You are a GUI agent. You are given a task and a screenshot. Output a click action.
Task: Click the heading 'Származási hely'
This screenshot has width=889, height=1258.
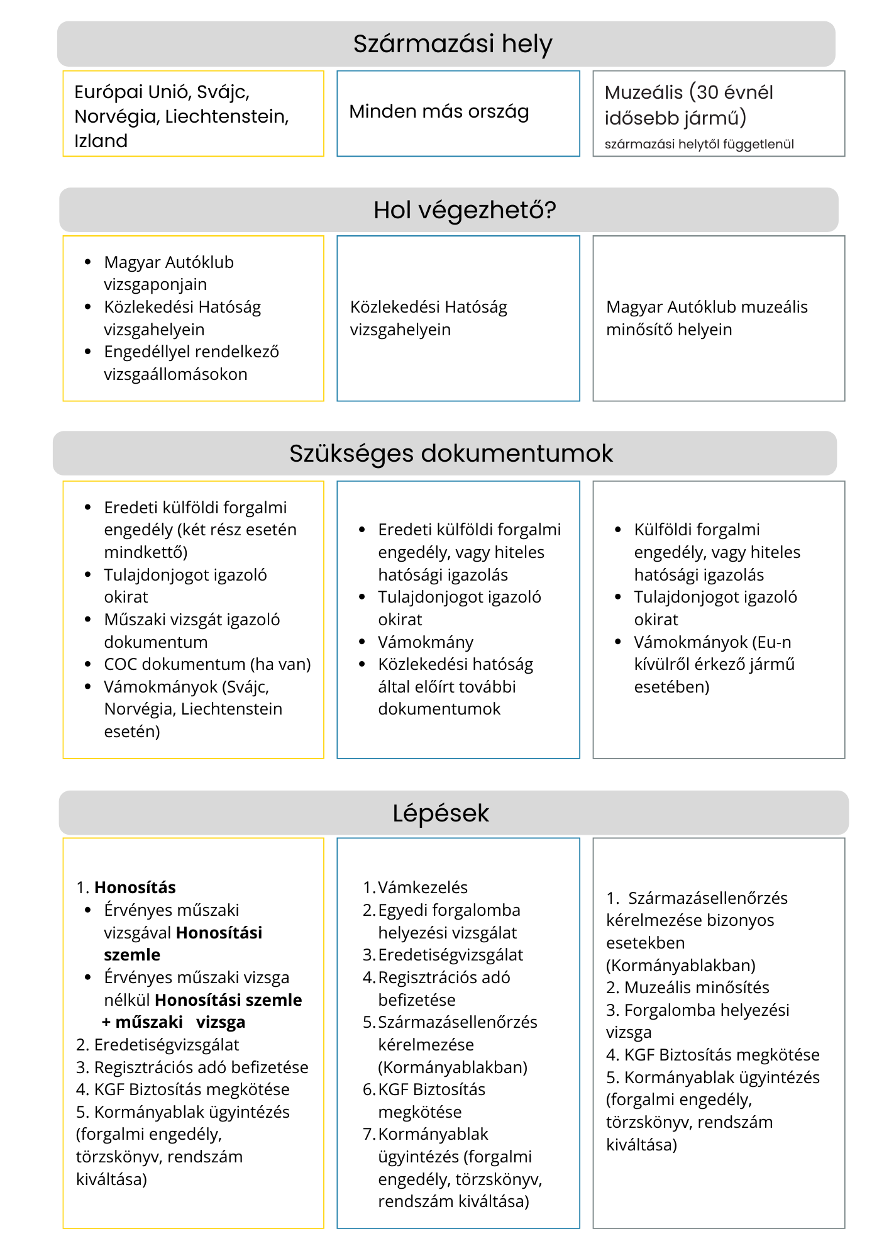coord(452,44)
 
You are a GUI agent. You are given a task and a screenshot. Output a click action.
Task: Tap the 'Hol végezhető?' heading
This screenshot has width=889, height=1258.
coord(465,210)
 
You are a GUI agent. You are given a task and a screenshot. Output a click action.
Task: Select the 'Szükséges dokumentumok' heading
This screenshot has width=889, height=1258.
coord(451,454)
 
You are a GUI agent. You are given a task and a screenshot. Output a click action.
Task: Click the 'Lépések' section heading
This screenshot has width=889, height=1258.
coord(441,813)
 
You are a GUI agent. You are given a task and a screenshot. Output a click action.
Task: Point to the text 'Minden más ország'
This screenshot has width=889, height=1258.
coord(439,112)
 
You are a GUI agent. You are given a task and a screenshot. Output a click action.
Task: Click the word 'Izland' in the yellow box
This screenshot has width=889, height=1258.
coord(101,141)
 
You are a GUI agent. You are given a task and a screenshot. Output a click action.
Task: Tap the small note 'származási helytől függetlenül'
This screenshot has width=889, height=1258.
coord(699,144)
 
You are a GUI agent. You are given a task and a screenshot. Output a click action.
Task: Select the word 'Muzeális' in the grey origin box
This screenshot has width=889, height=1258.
coord(643,92)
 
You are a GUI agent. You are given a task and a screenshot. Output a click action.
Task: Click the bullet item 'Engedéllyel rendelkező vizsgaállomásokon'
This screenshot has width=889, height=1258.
coord(191,363)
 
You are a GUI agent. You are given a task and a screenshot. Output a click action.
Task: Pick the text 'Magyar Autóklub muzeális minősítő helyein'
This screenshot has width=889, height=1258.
coord(707,318)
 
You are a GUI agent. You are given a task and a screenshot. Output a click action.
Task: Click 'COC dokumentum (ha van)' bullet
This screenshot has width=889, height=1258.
coord(207,664)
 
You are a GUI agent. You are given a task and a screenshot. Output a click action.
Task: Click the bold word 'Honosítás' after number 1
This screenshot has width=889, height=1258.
coord(135,888)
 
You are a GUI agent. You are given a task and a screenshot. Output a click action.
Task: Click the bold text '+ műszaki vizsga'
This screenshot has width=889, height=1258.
coord(174,1022)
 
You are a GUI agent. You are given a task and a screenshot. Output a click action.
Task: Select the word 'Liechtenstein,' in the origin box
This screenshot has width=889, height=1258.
coord(227,116)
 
